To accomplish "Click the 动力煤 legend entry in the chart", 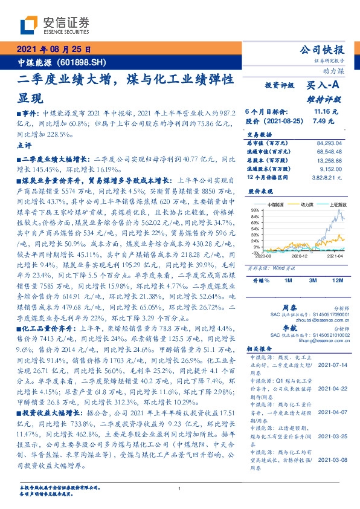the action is click(x=301, y=206).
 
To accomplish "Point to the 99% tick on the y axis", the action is click(x=256, y=209).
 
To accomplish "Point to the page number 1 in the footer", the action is click(x=179, y=488).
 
